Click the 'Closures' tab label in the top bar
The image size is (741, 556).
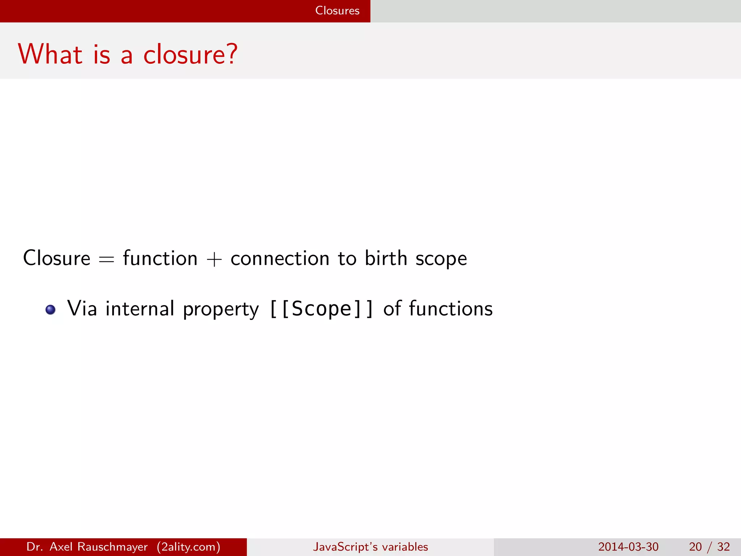337,10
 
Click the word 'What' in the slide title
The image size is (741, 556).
50,54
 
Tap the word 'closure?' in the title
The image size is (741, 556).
190,54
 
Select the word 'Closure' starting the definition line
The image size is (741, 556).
56,258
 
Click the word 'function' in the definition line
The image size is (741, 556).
160,258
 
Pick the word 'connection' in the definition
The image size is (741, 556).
280,258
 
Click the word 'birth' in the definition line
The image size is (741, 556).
386,258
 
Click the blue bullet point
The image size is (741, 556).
50,310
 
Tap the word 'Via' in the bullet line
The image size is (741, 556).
82,309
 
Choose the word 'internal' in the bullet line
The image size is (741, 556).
140,309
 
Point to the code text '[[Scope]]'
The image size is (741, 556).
321,309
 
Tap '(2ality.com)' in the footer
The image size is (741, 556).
189,547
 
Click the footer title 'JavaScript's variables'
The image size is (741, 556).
370,547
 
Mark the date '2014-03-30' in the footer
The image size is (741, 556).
628,547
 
